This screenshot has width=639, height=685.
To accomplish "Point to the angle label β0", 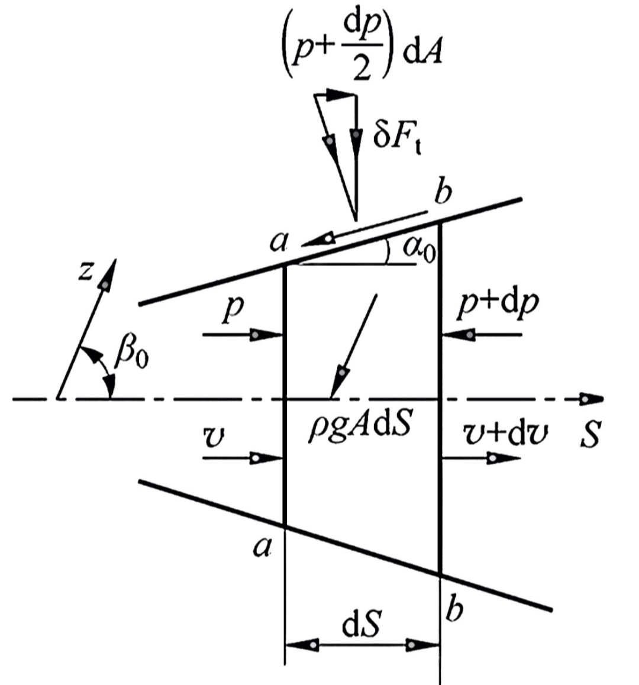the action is pos(131,356).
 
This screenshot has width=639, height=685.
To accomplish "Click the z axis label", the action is pos(86,272).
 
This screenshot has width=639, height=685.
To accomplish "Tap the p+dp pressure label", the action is pos(498,305).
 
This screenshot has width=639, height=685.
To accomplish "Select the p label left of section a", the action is pos(233,311).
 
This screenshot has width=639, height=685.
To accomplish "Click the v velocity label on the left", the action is pos(214,438).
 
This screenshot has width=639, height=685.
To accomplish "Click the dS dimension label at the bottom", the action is pos(361,625).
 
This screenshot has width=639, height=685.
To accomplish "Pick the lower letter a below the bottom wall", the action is pos(262,547).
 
